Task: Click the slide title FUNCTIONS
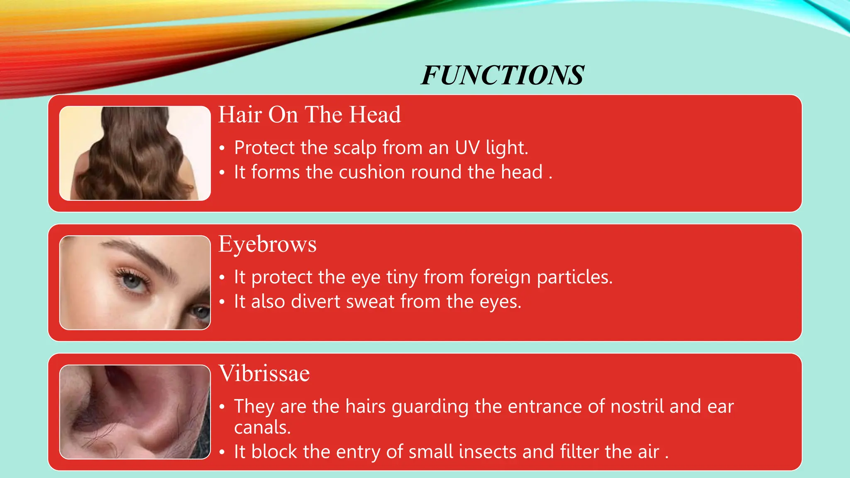(x=502, y=76)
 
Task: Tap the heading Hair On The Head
(x=310, y=115)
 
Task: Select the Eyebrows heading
(x=267, y=244)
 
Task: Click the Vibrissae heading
(x=264, y=373)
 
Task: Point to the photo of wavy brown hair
(x=135, y=154)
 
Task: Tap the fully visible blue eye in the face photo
(x=132, y=281)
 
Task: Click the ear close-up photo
(x=135, y=412)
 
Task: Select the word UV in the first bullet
(x=467, y=148)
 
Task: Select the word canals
(x=262, y=427)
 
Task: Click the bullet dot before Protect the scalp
(x=222, y=148)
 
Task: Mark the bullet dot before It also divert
(x=222, y=302)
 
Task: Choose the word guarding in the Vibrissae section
(x=430, y=407)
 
